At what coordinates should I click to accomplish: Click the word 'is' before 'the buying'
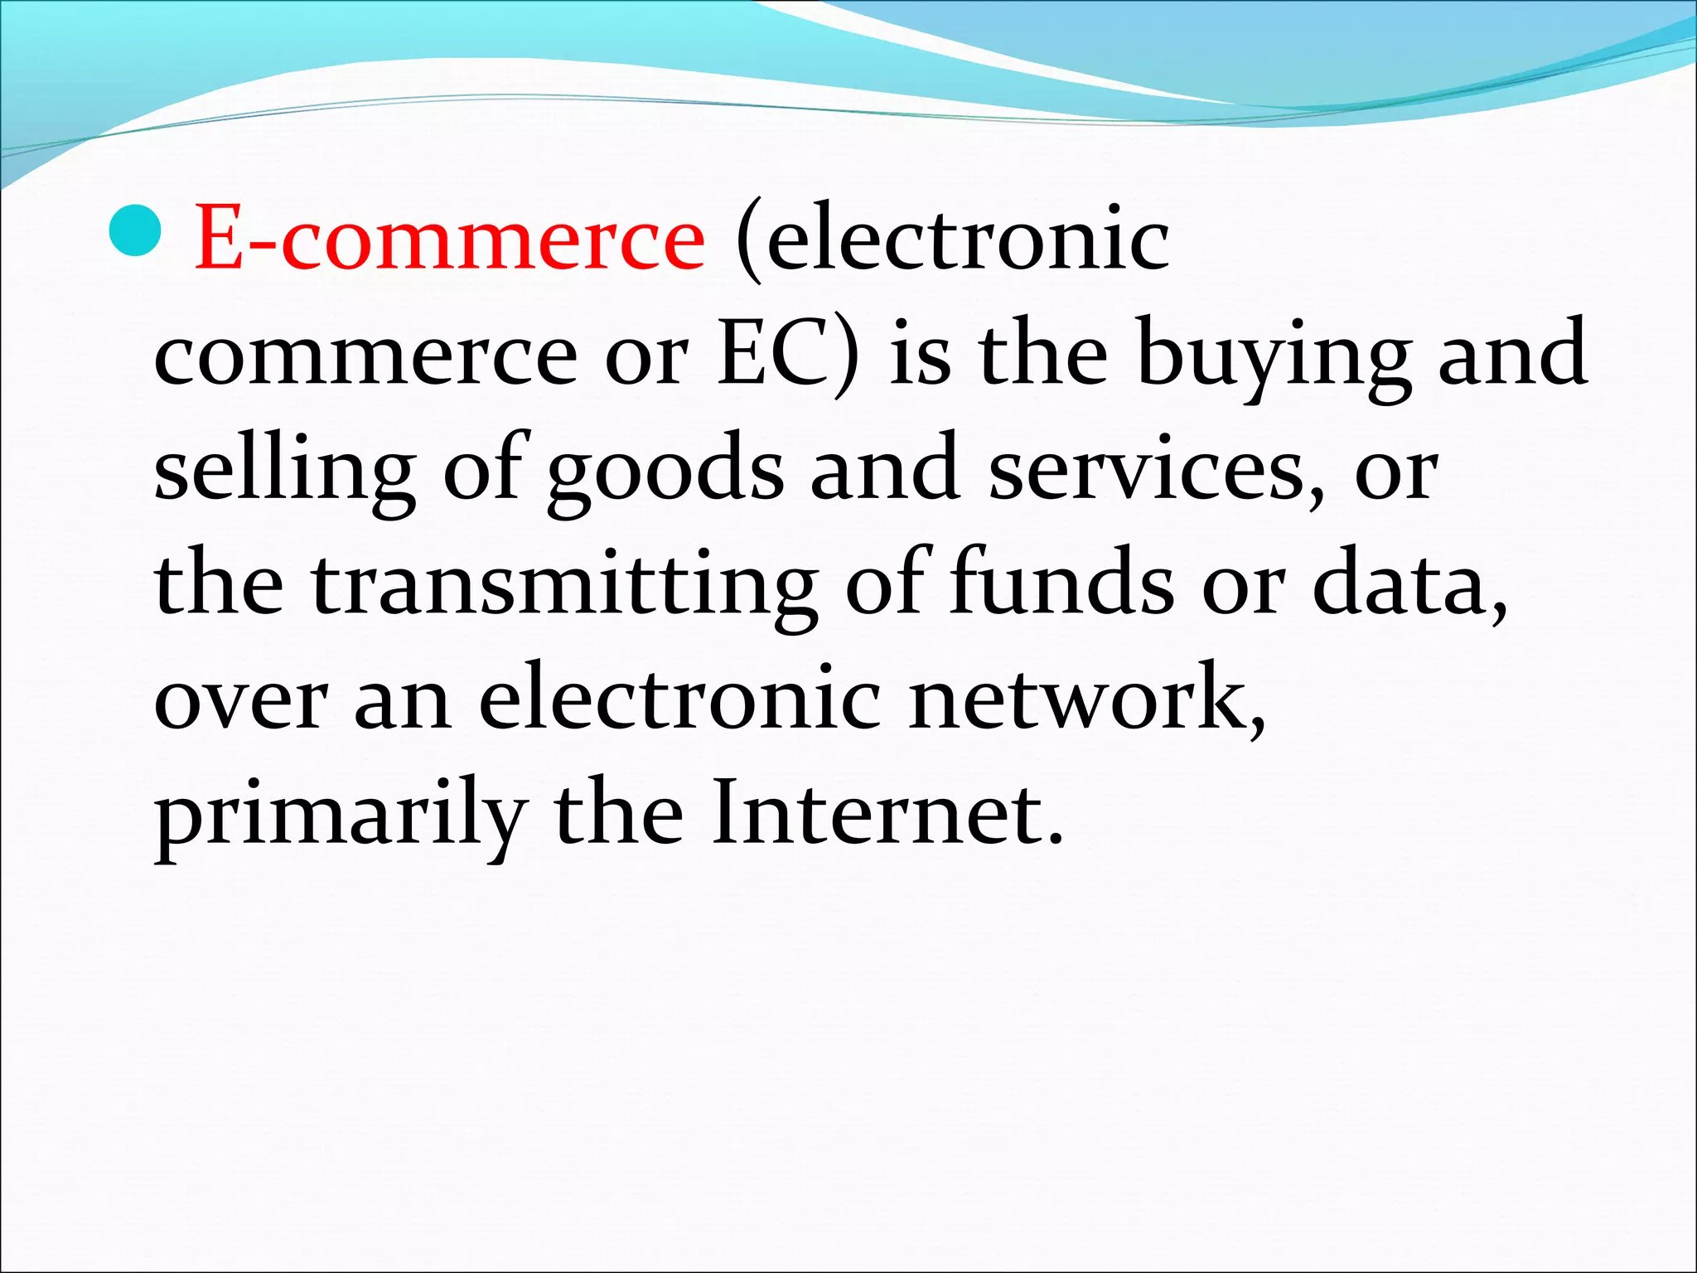pyautogui.click(x=920, y=355)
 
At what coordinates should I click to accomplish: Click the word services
pyautogui.click(x=1155, y=469)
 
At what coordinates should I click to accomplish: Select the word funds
pyautogui.click(x=1061, y=583)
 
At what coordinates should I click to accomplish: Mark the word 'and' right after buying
pyautogui.click(x=1512, y=355)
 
